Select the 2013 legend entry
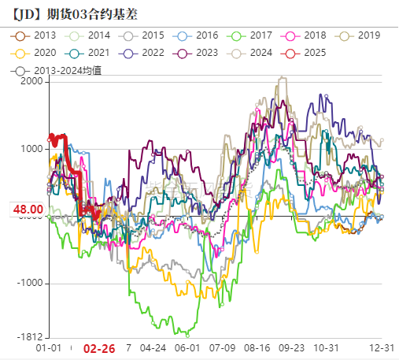coord(35,35)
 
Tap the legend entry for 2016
coord(197,35)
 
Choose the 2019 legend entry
coord(358,35)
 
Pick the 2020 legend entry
coord(35,53)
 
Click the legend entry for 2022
coord(143,53)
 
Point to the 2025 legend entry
coord(305,53)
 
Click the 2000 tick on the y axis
coord(33,81)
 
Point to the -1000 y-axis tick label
coord(31,284)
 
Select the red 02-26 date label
coord(99,349)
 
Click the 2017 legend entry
coord(250,35)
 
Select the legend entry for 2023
coord(197,53)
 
